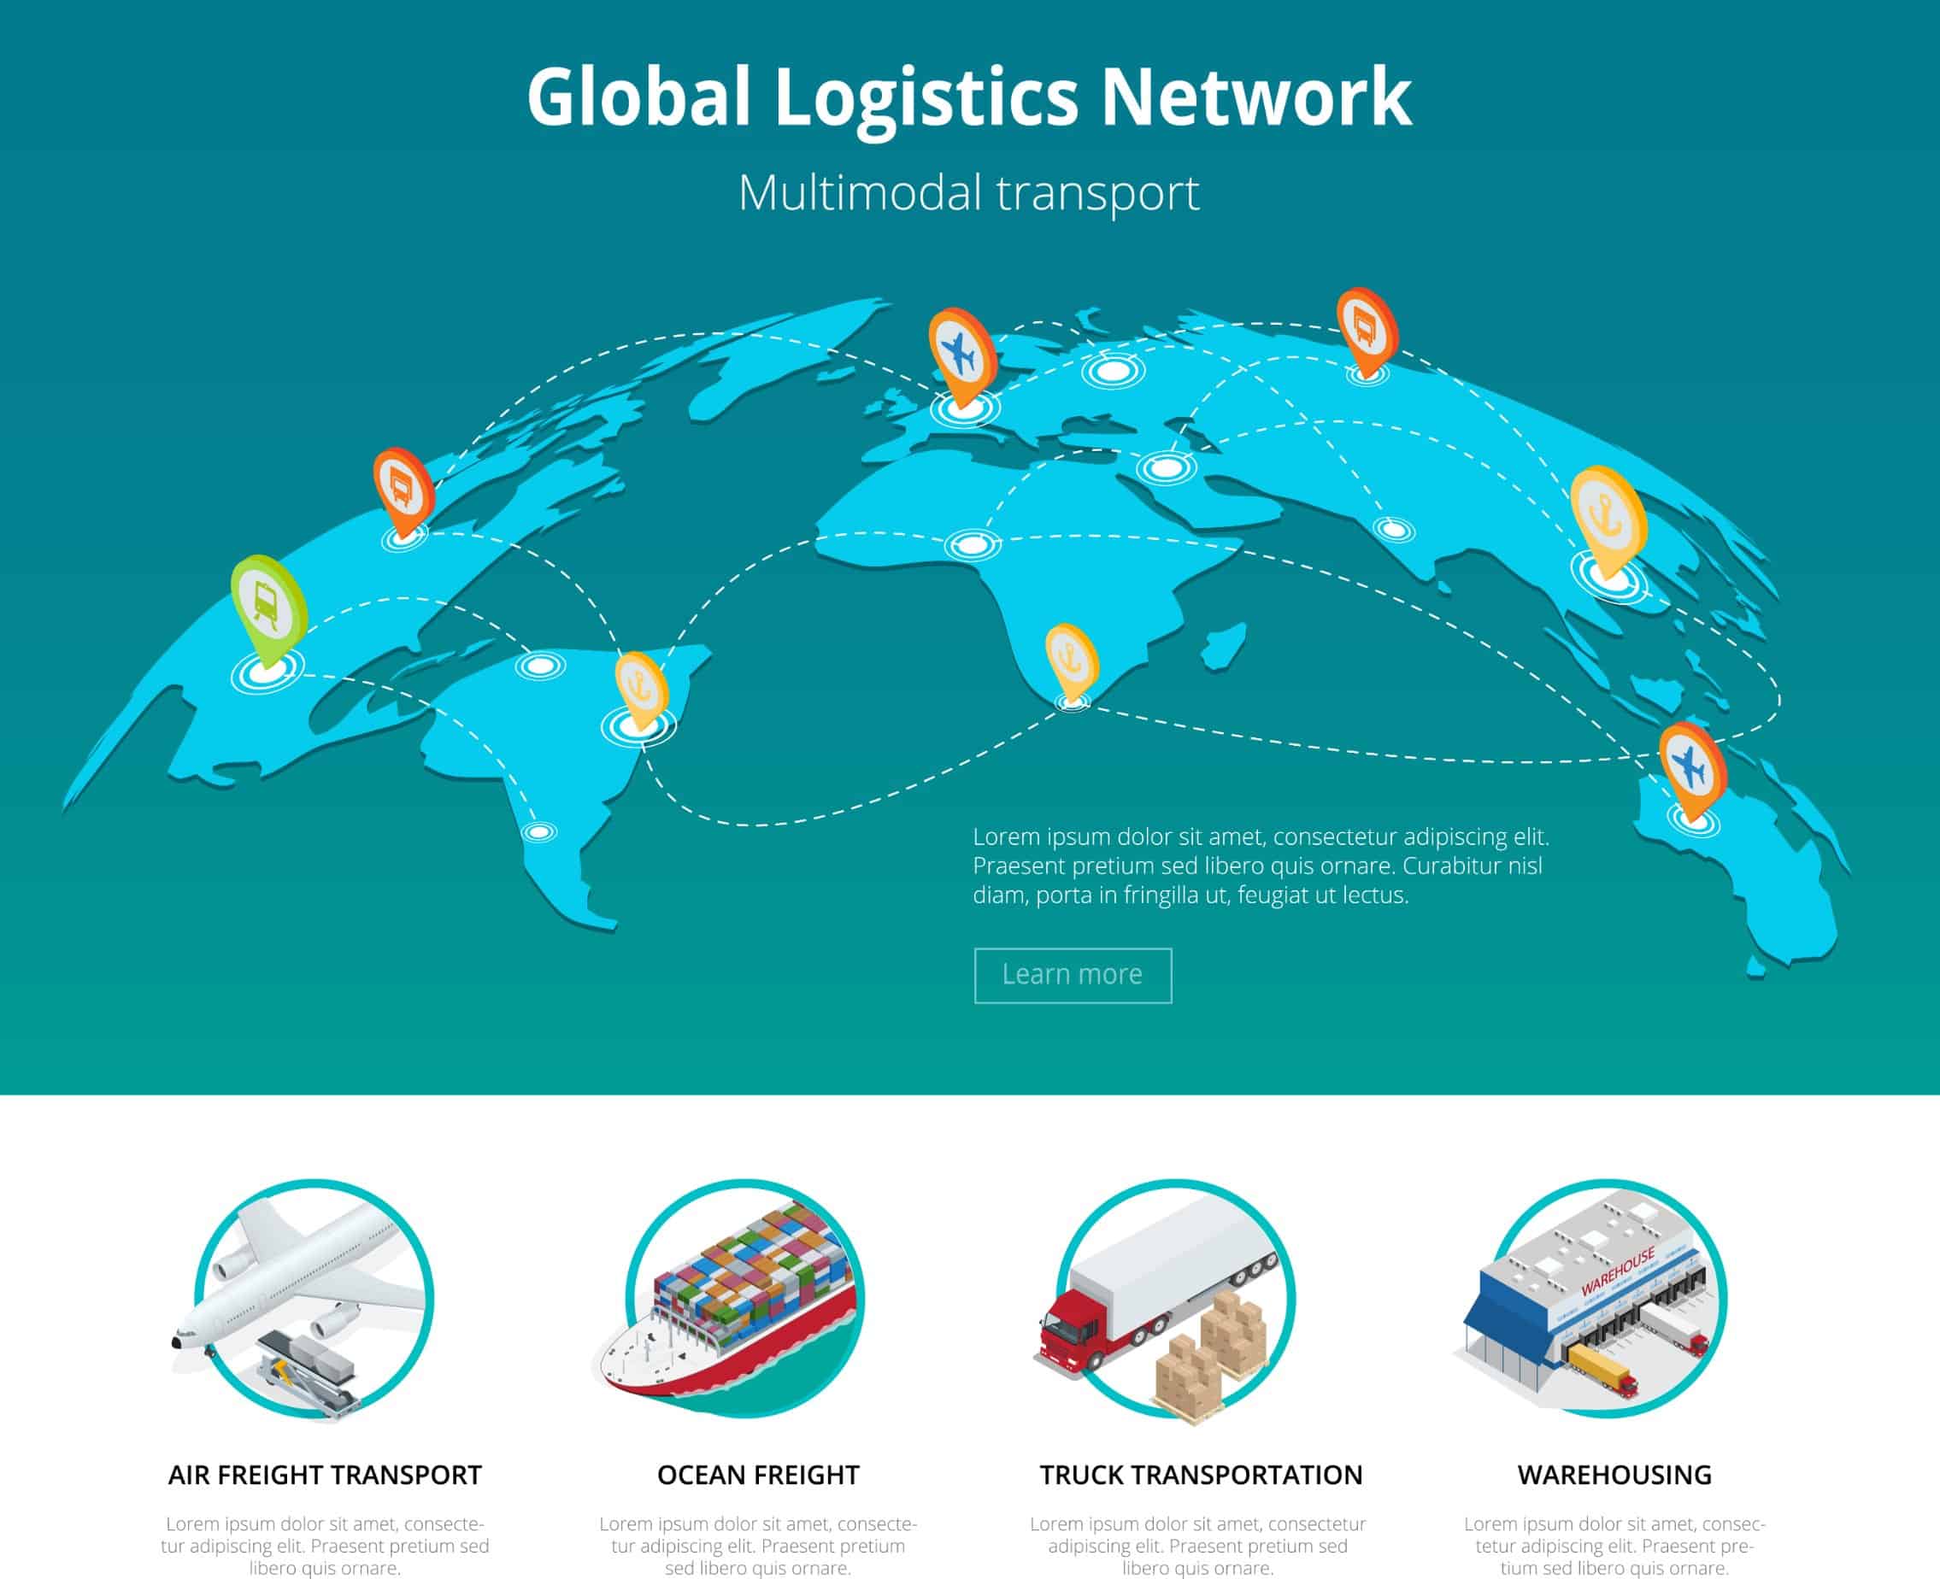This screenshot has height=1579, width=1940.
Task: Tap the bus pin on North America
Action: tap(403, 492)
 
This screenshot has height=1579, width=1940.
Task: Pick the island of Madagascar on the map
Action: tap(1223, 647)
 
